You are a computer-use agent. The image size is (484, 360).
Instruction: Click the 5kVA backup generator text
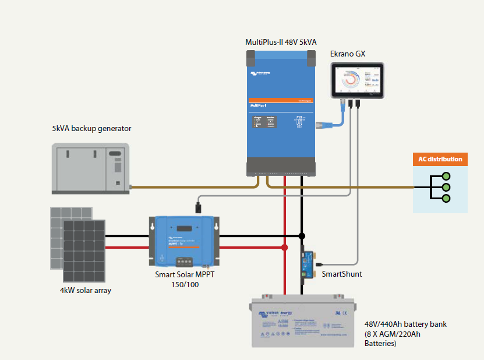(91, 129)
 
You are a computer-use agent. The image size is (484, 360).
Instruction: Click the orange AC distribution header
(440, 159)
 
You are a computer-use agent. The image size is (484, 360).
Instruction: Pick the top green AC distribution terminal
(446, 176)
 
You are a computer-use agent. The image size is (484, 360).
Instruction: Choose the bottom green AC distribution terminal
(446, 199)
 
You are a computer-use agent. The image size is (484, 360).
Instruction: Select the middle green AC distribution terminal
(446, 187)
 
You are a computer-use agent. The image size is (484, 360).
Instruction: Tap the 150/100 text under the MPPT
(183, 285)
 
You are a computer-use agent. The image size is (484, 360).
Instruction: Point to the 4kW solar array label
(85, 290)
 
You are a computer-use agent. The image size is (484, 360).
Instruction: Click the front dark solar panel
(84, 249)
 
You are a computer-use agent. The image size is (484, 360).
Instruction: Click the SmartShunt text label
(342, 273)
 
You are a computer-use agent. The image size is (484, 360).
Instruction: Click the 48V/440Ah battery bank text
(405, 324)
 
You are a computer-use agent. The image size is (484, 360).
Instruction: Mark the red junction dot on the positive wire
(285, 248)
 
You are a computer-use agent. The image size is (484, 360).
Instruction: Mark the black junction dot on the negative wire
(302, 236)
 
